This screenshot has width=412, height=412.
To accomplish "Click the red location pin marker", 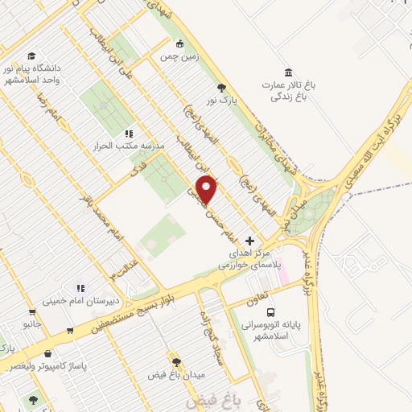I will pyautogui.click(x=207, y=189).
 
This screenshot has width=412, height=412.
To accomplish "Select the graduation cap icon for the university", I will pyautogui.click(x=31, y=56).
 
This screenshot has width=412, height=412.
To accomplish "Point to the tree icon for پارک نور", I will pyautogui.click(x=222, y=88).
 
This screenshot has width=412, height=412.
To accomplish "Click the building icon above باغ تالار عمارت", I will pyautogui.click(x=289, y=71).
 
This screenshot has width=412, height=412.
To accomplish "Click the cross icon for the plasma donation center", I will pyautogui.click(x=249, y=241).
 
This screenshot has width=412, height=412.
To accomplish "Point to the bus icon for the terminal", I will pyautogui.click(x=270, y=311).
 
